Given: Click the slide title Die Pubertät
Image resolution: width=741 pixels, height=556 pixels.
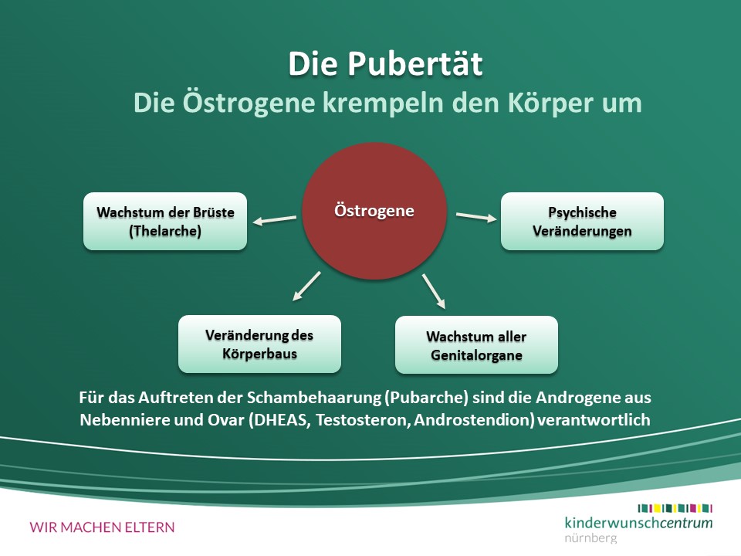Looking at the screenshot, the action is [x=385, y=63].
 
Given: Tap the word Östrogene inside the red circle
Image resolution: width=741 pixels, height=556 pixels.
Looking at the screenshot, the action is [x=374, y=210].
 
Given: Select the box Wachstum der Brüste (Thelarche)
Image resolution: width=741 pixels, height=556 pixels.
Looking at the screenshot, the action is [x=165, y=222].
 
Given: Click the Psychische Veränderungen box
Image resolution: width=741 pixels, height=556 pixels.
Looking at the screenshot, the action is [x=582, y=222].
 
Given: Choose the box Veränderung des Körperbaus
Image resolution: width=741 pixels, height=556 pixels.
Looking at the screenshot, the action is [x=259, y=344].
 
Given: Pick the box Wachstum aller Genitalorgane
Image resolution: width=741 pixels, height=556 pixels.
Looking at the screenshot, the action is [x=476, y=345].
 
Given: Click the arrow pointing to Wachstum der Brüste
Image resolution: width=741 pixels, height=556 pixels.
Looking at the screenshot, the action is [x=275, y=220].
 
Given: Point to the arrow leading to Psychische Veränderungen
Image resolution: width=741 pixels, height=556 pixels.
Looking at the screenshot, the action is [x=476, y=216].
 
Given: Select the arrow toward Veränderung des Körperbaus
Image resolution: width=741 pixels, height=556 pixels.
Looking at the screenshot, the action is [x=306, y=286].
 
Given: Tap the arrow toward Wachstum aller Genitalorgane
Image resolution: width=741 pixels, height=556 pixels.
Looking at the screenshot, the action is [x=434, y=291].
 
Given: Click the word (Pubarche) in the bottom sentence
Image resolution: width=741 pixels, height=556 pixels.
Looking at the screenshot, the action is [x=427, y=398].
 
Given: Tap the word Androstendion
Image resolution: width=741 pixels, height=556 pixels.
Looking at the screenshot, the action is [x=474, y=420].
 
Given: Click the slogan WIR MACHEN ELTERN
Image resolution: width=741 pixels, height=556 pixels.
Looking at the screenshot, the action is [x=102, y=527].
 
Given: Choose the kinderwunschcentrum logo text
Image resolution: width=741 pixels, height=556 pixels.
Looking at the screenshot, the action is [x=638, y=523].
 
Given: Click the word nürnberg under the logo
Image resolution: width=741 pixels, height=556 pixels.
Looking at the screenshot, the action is [x=590, y=537].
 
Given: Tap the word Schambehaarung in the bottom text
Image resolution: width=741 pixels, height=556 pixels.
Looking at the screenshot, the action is [x=314, y=398].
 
